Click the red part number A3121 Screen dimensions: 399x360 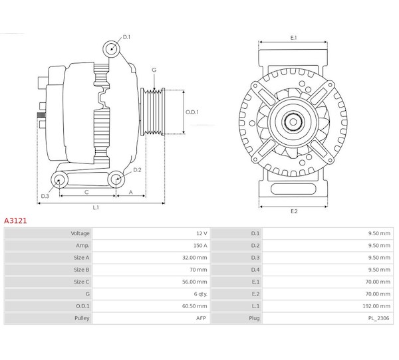click(15, 221)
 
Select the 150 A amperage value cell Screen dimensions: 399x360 click(200, 246)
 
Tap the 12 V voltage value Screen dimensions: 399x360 click(201, 233)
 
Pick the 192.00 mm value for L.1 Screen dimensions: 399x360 click(376, 306)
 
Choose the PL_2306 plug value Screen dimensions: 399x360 click(378, 318)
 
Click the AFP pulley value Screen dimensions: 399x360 click(201, 318)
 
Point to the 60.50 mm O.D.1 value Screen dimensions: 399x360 click(195, 306)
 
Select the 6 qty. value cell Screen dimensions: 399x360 click(201, 294)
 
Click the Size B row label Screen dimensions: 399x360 click(81, 270)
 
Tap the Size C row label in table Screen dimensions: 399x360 click(81, 282)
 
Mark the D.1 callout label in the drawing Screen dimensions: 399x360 click(126, 37)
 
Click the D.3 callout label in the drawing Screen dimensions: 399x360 click(45, 196)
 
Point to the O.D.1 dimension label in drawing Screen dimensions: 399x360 click(192, 112)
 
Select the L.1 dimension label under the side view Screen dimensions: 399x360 click(96, 207)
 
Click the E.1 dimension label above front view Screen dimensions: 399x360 click(294, 38)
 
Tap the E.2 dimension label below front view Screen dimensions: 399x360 click(294, 211)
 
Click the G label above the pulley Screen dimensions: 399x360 click(154, 70)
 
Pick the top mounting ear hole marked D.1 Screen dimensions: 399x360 click(112, 48)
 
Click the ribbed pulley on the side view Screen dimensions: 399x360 click(153, 112)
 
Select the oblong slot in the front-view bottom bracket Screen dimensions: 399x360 click(293, 189)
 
